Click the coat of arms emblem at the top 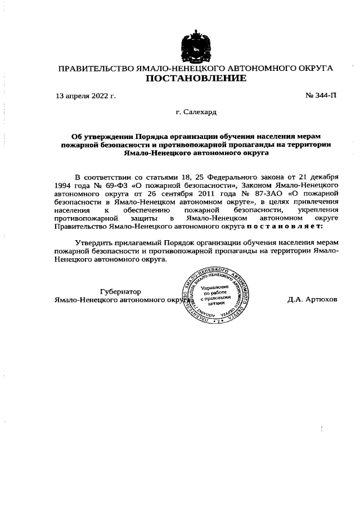196,44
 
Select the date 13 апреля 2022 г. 86,95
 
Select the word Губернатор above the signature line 120,291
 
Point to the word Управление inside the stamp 217,287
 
